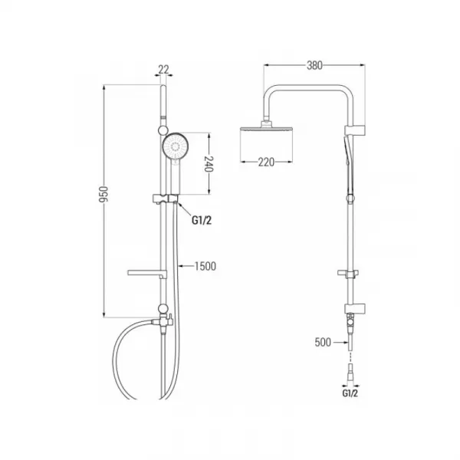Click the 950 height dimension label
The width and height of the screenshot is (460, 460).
(x=103, y=194)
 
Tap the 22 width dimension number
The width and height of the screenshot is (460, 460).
(x=163, y=70)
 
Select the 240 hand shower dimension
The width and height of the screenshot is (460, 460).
(x=209, y=164)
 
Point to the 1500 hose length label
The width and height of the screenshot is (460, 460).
(x=205, y=266)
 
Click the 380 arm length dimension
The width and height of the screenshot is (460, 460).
(x=314, y=65)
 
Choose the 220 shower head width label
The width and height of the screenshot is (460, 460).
(x=266, y=162)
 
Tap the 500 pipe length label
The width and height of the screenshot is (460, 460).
(x=323, y=342)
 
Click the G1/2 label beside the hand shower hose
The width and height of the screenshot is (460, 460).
(x=202, y=220)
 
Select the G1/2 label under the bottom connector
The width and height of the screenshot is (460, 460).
(x=350, y=393)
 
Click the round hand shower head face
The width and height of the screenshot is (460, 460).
(x=176, y=146)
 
